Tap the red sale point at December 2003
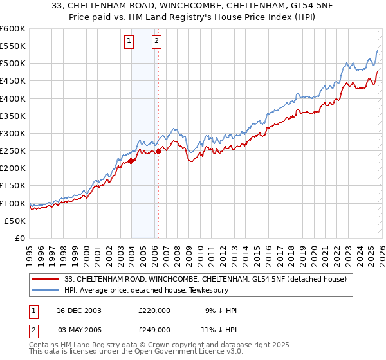point(131,161)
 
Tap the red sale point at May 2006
point(158,151)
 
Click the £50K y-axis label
point(15,221)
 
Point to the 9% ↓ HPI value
point(221,310)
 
